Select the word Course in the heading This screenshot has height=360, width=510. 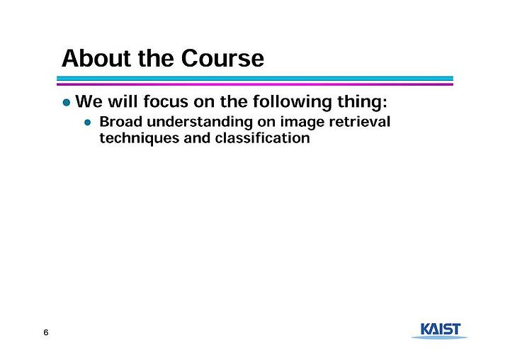[222, 58]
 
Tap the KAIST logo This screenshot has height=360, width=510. [440, 330]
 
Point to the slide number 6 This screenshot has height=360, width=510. [46, 332]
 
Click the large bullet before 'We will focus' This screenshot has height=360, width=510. [67, 103]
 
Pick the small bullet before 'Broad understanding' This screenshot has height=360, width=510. [88, 123]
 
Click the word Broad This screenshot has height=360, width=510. [121, 122]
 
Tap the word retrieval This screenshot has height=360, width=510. [359, 122]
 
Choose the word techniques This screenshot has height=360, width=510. [140, 139]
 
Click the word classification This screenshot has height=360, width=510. [262, 137]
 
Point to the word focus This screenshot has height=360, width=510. [166, 101]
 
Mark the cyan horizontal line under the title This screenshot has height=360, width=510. [255, 79]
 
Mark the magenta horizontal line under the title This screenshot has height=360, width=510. [255, 84]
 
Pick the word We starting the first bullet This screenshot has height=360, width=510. [89, 101]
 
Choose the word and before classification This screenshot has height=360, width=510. [197, 137]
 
